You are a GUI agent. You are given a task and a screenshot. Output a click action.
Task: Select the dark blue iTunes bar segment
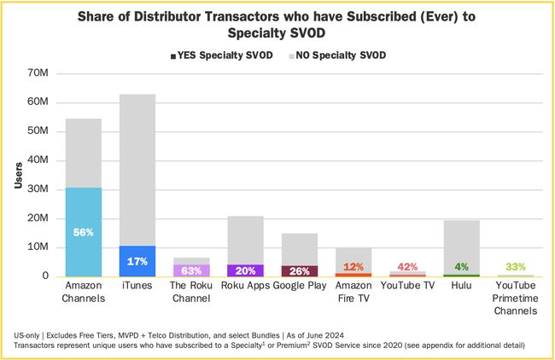pos(137,261)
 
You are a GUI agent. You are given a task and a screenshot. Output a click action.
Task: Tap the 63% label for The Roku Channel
pos(191,270)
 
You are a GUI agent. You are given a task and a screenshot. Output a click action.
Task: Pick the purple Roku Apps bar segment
pos(245,270)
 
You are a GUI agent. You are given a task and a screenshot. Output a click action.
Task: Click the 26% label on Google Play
pos(299,271)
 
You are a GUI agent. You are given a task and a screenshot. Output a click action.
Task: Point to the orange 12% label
pos(353,267)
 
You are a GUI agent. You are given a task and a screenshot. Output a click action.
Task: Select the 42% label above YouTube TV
pos(407,267)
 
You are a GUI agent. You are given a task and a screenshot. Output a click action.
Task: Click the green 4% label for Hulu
pos(461,267)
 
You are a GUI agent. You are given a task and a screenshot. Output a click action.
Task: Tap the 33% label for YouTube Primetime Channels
pos(515,267)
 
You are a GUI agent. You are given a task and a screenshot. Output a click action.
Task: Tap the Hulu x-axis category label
pos(461,286)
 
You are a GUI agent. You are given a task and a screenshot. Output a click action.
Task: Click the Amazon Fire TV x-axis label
pos(353,292)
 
